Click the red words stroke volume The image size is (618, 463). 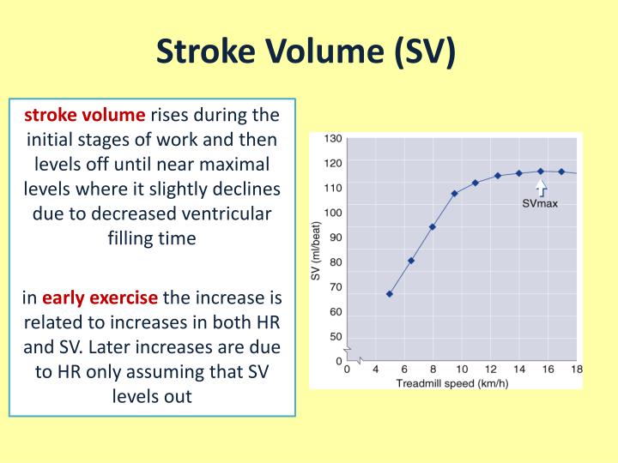point(85,115)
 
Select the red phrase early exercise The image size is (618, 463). point(100,298)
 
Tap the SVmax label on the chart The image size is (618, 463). point(540,203)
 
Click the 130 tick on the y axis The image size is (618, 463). point(334,138)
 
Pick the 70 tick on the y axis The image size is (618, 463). point(334,287)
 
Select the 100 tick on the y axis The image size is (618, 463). point(334,213)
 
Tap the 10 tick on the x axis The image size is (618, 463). point(461,370)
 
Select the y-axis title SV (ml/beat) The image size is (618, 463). point(315,250)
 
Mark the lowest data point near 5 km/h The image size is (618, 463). point(390,294)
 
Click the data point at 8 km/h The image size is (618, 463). point(433,227)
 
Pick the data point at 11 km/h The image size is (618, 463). point(476,183)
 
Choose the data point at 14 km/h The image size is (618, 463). point(518,173)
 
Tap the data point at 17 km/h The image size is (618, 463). point(561,171)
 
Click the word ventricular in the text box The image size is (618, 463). point(226,214)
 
